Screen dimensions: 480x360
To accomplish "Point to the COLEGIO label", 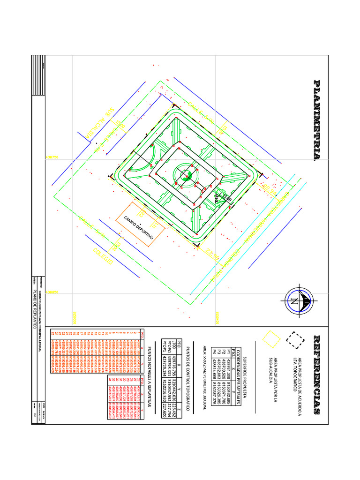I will coord(103,256).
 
